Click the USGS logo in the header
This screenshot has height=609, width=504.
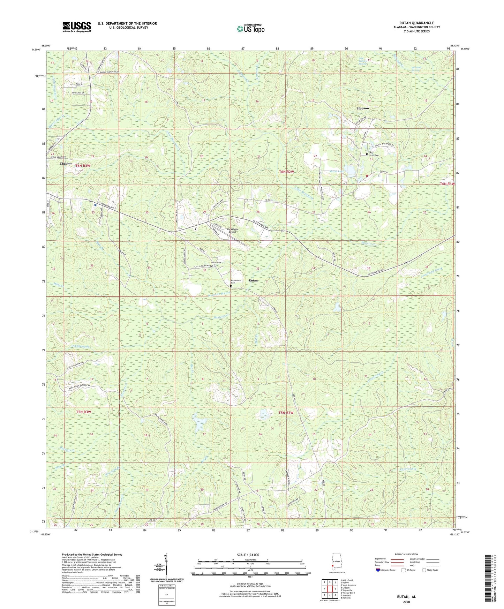point(77,27)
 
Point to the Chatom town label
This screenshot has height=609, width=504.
point(66,163)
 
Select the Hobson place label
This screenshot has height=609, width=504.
point(363,108)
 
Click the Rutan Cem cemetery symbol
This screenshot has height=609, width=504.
point(211,266)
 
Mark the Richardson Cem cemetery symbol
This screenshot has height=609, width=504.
point(231,286)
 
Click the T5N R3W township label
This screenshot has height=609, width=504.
point(83,412)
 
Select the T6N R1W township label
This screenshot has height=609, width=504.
point(447,184)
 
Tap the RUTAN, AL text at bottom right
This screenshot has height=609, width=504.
point(406,597)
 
